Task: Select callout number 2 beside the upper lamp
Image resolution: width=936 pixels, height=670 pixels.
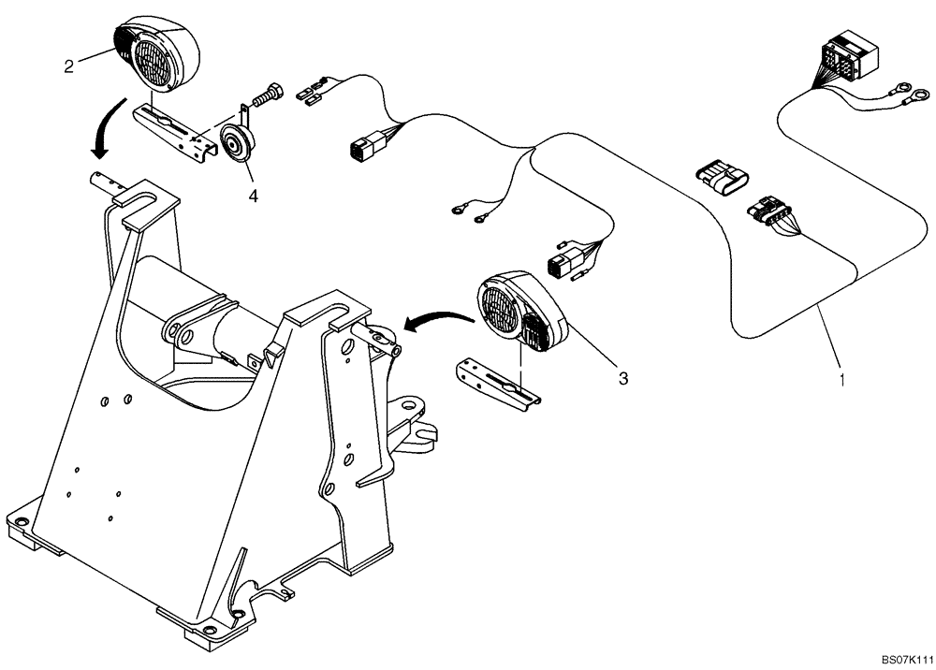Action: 68,66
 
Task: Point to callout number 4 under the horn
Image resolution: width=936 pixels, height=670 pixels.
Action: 252,197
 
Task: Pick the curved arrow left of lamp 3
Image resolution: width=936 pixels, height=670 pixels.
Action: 436,320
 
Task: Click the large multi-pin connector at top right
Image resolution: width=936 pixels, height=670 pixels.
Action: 848,56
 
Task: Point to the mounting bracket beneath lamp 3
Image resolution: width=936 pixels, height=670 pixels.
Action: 496,384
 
